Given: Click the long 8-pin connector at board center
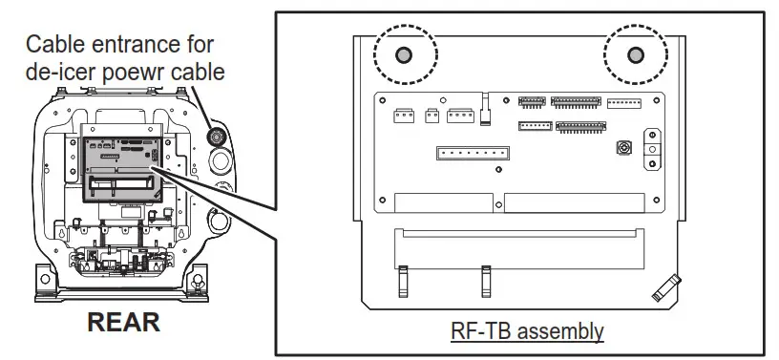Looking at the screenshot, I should [473, 154].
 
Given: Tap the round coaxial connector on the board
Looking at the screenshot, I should [624, 149].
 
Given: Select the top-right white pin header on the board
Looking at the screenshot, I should [624, 102].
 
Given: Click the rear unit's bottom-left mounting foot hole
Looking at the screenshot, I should [44, 281].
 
